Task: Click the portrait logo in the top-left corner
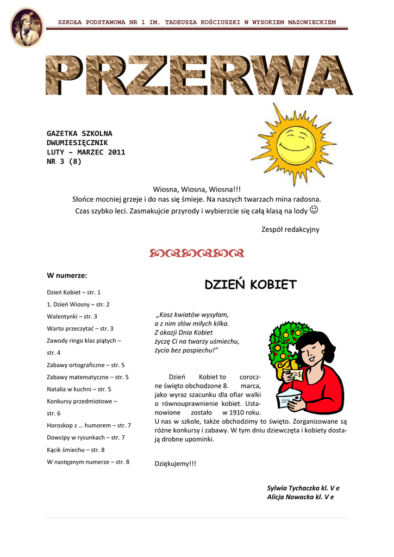tap(26, 27)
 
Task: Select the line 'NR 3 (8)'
tap(64, 161)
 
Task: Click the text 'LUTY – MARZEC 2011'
tap(86, 152)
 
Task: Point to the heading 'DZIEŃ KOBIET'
tap(251, 284)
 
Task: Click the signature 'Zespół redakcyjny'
tap(290, 230)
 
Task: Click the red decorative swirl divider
tap(197, 253)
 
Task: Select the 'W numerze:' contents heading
tap(67, 275)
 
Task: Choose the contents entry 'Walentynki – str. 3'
tap(72, 316)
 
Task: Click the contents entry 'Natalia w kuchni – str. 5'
tap(79, 389)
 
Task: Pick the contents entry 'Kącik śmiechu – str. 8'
tap(76, 450)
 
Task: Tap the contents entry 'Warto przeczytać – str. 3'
tap(80, 329)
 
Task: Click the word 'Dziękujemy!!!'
tap(176, 463)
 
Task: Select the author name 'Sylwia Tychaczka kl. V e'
tap(303, 488)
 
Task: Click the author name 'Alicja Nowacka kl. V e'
tap(300, 497)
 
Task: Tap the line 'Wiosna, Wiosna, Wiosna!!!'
tap(197, 189)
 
